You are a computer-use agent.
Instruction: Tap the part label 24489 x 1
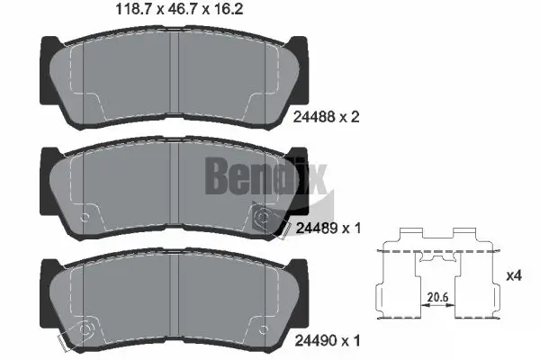[x=325, y=229]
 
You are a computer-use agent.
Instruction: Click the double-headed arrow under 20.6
[x=438, y=307]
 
